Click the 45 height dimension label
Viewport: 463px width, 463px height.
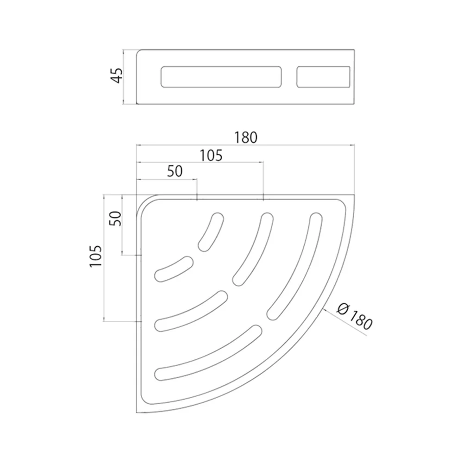pyautogui.click(x=117, y=75)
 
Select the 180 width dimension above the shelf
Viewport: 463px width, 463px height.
pyautogui.click(x=246, y=138)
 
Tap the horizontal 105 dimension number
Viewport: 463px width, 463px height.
pyautogui.click(x=211, y=156)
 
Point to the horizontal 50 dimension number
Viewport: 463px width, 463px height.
pyautogui.click(x=175, y=171)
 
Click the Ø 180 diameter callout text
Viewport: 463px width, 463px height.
pyautogui.click(x=355, y=318)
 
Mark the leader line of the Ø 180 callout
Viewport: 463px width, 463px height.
pyautogui.click(x=345, y=322)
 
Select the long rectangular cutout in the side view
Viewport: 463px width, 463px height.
pyautogui.click(x=221, y=77)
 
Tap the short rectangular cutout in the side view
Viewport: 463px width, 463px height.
pyautogui.click(x=323, y=77)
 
